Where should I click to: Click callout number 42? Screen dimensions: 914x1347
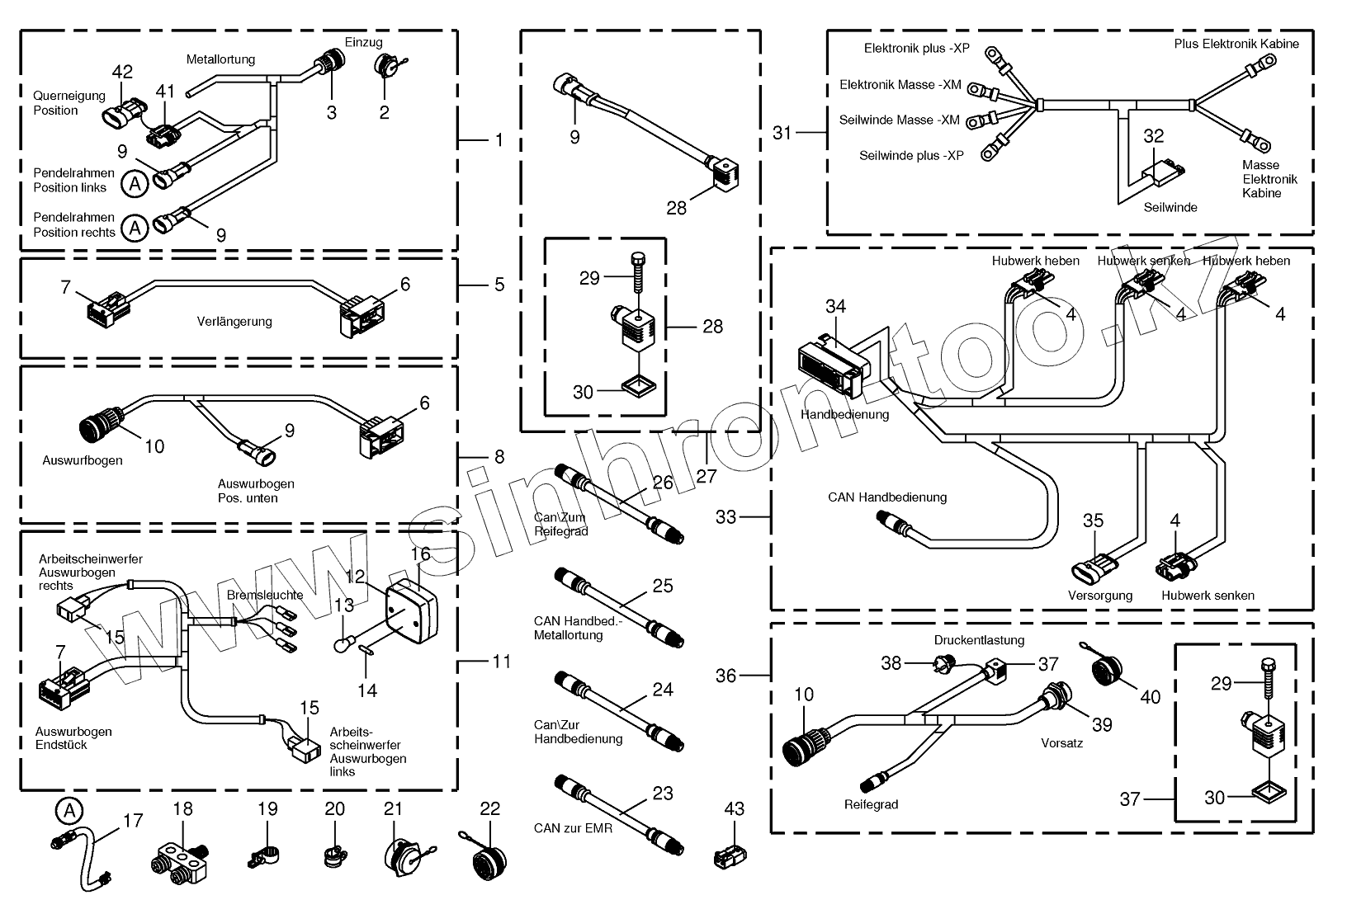pyautogui.click(x=122, y=72)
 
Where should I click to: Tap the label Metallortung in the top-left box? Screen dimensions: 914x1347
pyautogui.click(x=220, y=59)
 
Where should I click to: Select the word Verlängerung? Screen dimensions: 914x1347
pyautogui.click(x=234, y=322)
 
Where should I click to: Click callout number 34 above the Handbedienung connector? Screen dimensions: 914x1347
pyautogui.click(x=835, y=307)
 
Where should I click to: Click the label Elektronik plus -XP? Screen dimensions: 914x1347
pyautogui.click(x=917, y=48)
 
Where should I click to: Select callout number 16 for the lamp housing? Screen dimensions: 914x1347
pyautogui.click(x=420, y=554)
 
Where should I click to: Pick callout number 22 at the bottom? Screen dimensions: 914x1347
pyautogui.click(x=490, y=809)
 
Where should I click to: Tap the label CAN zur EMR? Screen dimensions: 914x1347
pyautogui.click(x=573, y=827)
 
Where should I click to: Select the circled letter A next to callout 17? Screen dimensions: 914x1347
pyautogui.click(x=69, y=811)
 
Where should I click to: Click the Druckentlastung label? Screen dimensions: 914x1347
pyautogui.click(x=979, y=640)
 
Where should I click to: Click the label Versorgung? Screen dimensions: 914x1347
pyautogui.click(x=1100, y=596)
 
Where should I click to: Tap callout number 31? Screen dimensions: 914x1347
pyautogui.click(x=782, y=132)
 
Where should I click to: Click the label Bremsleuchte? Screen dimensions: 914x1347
pyautogui.click(x=265, y=595)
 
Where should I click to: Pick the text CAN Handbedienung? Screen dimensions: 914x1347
pyautogui.click(x=887, y=497)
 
